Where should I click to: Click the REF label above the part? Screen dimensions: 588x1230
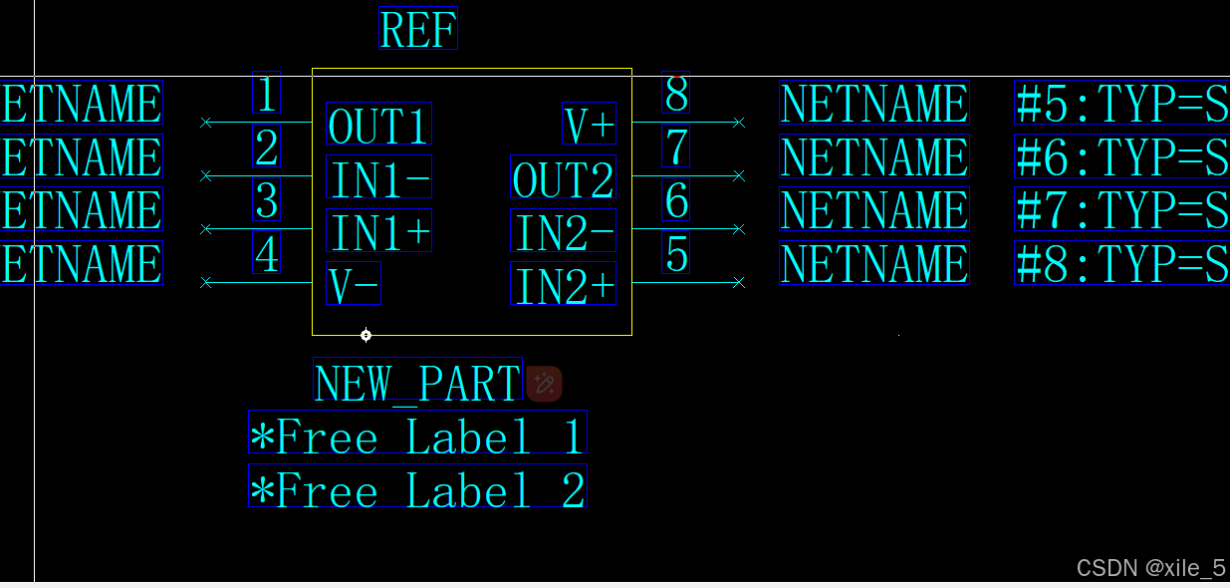pos(417,29)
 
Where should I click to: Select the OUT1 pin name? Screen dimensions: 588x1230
pos(378,125)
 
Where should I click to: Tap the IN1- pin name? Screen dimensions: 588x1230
pos(378,178)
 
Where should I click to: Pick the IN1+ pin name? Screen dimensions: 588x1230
pos(378,231)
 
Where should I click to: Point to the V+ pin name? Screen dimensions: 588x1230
pos(589,125)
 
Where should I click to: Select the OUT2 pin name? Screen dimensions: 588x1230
pos(563,178)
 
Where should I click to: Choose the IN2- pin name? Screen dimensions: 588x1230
pos(563,231)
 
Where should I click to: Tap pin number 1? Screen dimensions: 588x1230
pos(266,94)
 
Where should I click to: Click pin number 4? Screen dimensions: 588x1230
pos(266,254)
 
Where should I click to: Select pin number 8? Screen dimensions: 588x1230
pos(676,94)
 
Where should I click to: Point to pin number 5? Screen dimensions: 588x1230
pos(676,254)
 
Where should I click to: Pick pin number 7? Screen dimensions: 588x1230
pos(676,147)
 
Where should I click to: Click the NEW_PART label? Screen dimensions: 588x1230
pos(417,380)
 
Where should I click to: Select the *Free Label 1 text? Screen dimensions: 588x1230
pos(417,434)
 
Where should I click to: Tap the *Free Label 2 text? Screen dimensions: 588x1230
pos(417,487)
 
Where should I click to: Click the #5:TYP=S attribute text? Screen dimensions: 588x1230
pos(1121,103)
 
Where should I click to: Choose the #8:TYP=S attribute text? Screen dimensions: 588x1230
pos(1121,263)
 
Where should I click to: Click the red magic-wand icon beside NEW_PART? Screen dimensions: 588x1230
pos(545,384)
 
